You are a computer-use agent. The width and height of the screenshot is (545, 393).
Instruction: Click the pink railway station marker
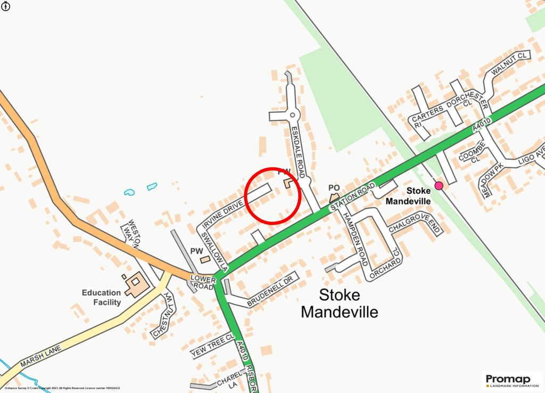tap(439, 185)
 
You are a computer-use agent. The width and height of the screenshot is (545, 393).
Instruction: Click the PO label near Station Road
tap(334, 188)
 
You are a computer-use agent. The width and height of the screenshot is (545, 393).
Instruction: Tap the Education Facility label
tap(101, 297)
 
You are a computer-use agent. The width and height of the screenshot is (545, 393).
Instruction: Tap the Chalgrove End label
tap(415, 226)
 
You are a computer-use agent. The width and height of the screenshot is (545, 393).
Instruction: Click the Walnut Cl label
tap(508, 64)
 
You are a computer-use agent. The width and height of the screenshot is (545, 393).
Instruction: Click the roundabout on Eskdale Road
tap(292, 114)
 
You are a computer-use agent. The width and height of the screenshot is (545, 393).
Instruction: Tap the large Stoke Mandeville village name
tap(339, 303)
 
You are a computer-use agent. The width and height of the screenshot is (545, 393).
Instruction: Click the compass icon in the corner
tap(5, 5)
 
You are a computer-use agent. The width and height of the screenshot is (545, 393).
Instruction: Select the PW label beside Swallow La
tap(196, 250)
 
